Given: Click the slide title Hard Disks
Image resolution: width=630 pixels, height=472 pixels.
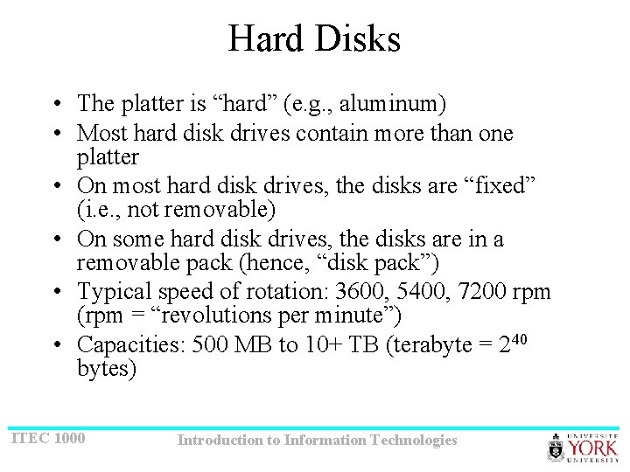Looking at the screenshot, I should [314, 39].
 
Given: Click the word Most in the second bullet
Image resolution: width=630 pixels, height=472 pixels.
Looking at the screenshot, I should [99, 134].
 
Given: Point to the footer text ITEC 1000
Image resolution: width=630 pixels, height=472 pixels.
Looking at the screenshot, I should [48, 437].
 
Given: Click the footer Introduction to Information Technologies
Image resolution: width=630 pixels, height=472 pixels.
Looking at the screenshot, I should [317, 441].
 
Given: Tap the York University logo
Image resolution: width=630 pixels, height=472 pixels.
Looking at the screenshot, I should [583, 447].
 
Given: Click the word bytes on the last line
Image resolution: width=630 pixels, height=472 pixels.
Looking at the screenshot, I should [107, 369].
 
